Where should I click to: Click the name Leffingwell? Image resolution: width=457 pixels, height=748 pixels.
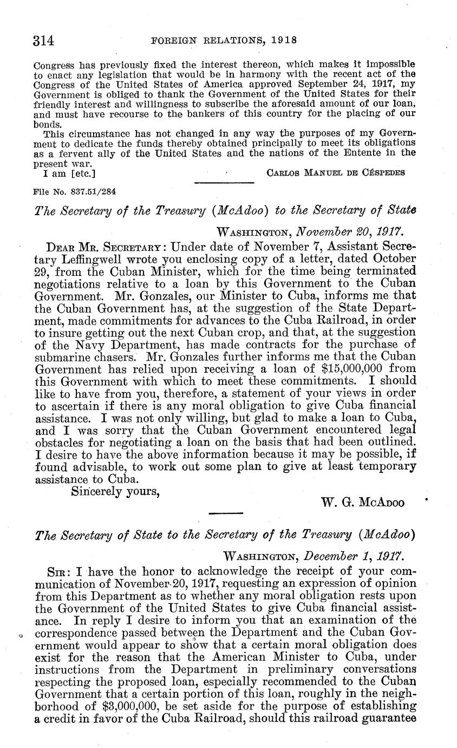pyautogui.click(x=88, y=259)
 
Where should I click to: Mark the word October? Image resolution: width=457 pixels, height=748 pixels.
pyautogui.click(x=383, y=259)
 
